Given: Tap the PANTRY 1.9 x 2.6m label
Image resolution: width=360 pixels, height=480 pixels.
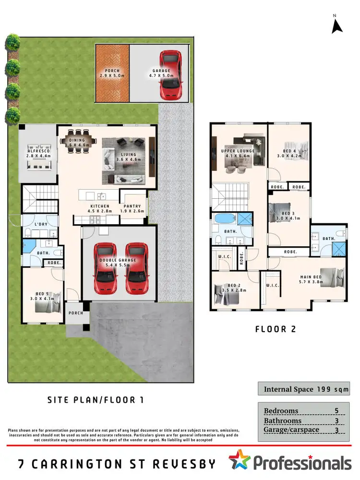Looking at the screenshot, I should [x=133, y=209].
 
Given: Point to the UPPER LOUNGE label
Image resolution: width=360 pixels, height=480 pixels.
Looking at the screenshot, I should [x=238, y=154].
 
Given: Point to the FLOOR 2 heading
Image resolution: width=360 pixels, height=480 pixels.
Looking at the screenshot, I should [x=275, y=329].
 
